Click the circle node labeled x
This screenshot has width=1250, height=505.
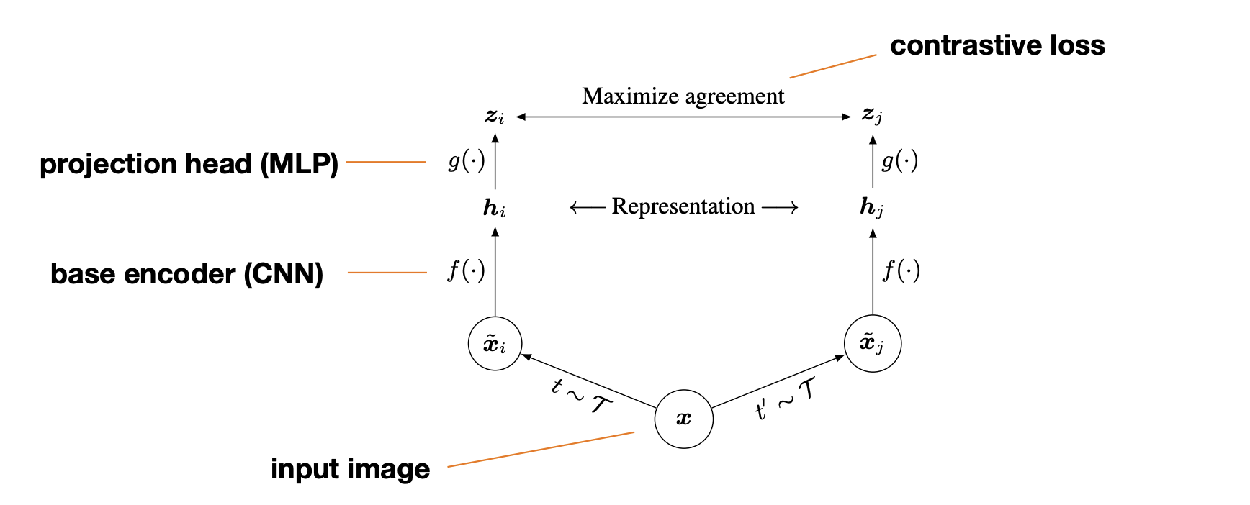[683, 419]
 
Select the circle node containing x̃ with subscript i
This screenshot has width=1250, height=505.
[495, 344]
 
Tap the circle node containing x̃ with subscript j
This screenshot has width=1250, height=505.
[872, 343]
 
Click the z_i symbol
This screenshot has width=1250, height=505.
[495, 115]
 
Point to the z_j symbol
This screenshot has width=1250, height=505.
[872, 114]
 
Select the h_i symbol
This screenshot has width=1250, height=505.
[495, 209]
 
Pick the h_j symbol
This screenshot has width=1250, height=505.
[871, 208]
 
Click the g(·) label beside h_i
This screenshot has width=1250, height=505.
[467, 160]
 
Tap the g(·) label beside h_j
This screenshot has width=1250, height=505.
[900, 160]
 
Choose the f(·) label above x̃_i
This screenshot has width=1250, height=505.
[467, 270]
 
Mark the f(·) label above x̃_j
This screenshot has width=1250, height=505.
[901, 270]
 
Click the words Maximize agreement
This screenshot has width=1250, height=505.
[683, 96]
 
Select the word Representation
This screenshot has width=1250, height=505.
[683, 206]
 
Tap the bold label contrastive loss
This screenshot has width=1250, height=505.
[997, 45]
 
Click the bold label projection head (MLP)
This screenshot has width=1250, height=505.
[189, 164]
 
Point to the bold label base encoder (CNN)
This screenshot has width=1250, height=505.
[186, 274]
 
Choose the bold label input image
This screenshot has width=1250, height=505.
[350, 469]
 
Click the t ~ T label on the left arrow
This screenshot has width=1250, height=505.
[580, 396]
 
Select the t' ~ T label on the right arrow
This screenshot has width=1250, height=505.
[786, 399]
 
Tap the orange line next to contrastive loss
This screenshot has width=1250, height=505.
[832, 65]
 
